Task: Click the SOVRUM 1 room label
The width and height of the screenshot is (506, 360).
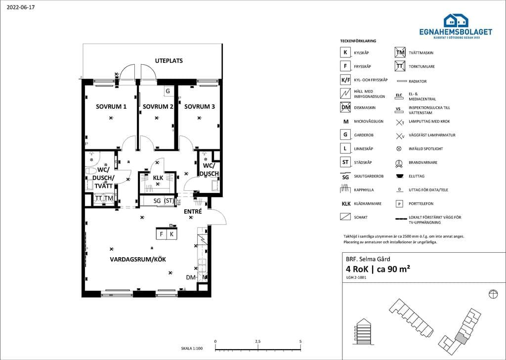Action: tap(111, 106)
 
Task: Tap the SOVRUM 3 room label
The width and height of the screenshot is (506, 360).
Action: tap(200, 106)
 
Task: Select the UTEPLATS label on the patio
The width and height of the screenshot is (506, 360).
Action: tap(169, 61)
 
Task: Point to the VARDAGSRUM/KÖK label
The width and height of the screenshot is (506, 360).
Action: tap(138, 259)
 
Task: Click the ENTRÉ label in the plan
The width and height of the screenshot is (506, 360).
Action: tap(193, 212)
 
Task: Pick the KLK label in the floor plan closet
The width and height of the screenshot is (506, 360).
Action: tap(158, 178)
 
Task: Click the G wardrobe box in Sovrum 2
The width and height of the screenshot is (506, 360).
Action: tap(168, 91)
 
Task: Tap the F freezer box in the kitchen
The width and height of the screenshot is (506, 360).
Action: tap(162, 234)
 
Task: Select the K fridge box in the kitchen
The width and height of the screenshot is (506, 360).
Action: tap(172, 234)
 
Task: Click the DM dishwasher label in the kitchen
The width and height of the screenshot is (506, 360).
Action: tap(191, 277)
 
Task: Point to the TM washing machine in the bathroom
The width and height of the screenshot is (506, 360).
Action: tap(109, 198)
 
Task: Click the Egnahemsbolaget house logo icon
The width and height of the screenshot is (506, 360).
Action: tap(456, 20)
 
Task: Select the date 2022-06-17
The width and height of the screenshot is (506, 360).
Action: tap(21, 7)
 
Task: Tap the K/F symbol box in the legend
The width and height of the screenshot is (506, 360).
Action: tap(345, 80)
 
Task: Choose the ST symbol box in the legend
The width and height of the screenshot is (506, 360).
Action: tap(345, 162)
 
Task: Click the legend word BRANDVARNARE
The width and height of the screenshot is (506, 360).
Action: tap(423, 162)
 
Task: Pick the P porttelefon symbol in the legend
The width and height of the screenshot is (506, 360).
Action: tap(399, 204)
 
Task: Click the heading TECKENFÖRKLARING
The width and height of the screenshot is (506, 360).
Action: tap(358, 41)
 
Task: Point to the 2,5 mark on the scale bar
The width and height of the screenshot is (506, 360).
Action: tap(258, 341)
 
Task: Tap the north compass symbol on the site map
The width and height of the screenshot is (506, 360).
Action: tap(493, 294)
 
